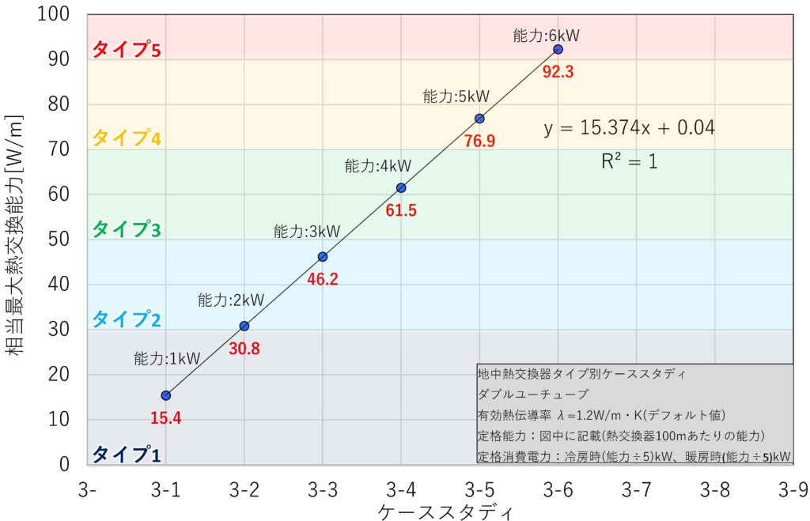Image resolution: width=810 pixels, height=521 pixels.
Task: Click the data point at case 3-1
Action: [166, 395]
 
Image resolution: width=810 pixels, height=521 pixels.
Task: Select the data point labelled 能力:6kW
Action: [558, 49]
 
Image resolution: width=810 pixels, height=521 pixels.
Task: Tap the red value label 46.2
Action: [322, 279]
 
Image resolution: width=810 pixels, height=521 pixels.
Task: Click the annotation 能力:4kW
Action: [377, 166]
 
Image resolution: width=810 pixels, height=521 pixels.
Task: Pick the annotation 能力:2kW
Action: [230, 300]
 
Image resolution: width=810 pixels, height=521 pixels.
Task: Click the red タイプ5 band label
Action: [127, 50]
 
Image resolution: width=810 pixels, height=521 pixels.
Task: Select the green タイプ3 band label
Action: [127, 229]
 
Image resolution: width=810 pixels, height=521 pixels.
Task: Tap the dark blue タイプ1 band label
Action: [127, 455]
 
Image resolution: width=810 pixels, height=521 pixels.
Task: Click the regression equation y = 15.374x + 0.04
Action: [630, 127]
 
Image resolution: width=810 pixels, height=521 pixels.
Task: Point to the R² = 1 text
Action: [630, 162]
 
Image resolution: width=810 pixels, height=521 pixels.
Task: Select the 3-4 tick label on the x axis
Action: [401, 490]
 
